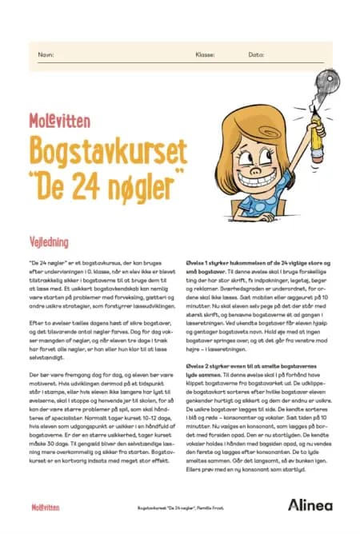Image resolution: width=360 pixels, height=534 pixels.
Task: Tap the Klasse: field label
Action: (205, 55)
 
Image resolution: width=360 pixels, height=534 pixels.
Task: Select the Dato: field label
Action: (256, 55)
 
